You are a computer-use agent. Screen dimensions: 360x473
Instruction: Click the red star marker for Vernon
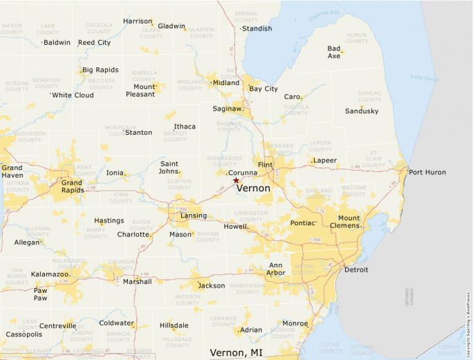pos(236,180)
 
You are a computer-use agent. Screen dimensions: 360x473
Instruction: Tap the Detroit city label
pos(356,269)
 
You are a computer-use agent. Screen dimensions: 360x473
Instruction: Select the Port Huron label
pos(427,172)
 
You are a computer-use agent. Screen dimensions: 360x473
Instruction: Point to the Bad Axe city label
pos(334,52)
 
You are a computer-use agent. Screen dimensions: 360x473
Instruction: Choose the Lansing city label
pos(193,216)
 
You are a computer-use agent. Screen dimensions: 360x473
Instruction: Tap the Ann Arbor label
pos(275,268)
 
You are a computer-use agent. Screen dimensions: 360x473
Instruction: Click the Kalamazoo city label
pos(50,274)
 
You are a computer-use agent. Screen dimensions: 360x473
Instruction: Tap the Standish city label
pos(257,28)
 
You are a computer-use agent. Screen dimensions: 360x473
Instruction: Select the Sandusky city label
pos(362,111)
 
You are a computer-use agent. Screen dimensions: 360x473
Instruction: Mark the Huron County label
pos(356,38)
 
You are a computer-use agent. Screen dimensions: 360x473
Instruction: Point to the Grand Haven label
pos(12,171)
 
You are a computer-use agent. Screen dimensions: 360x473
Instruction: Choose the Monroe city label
pos(295,323)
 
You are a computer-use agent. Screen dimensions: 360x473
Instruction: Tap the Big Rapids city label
pos(100,70)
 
